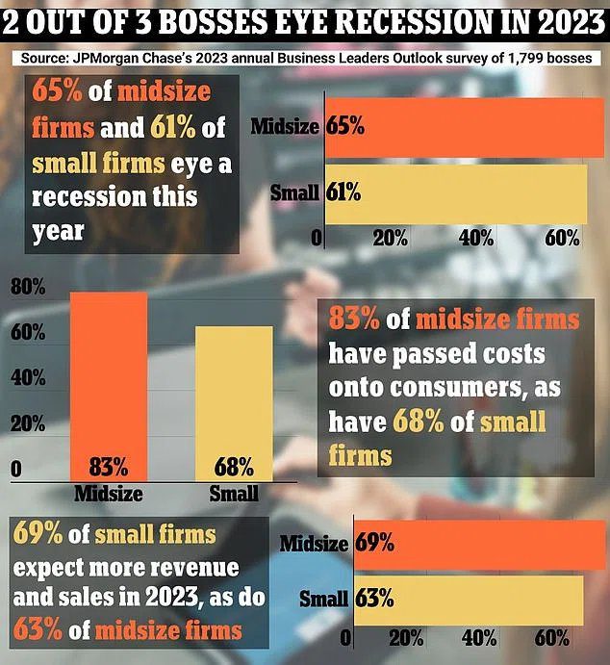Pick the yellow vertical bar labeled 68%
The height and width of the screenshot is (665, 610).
tap(234, 404)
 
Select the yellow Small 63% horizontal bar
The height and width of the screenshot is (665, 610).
tap(467, 598)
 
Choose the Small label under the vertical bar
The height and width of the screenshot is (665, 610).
tap(234, 493)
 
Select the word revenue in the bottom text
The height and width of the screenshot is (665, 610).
tap(190, 568)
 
